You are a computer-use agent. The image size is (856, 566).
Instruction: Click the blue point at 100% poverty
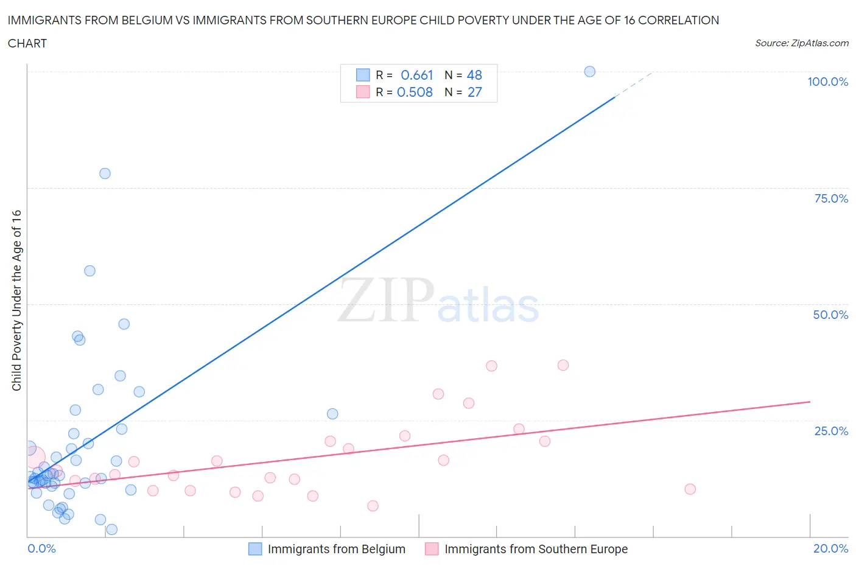(589, 71)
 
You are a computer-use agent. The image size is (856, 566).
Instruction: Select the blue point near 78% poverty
(105, 173)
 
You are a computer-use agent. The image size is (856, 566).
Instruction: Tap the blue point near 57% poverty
(89, 271)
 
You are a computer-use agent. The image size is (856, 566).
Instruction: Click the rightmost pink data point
(690, 489)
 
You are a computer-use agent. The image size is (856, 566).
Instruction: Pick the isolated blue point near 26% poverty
(332, 414)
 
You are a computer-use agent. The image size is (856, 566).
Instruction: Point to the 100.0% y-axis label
(827, 82)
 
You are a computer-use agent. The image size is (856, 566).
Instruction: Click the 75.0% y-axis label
(831, 198)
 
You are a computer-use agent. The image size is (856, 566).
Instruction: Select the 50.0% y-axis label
(830, 315)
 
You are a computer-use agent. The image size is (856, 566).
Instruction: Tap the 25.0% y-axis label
(831, 431)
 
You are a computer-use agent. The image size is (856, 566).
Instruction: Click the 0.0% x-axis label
(41, 548)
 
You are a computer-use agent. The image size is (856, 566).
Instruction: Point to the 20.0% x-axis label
(830, 548)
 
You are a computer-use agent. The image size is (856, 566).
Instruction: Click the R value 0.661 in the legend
(416, 75)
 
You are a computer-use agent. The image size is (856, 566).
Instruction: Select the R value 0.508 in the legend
(415, 92)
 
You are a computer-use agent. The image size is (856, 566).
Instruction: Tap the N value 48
(474, 75)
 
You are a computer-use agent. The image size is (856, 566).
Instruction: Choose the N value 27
(474, 92)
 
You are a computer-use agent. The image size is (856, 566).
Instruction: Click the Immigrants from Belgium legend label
(336, 549)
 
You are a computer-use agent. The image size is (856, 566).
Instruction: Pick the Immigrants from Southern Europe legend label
(536, 549)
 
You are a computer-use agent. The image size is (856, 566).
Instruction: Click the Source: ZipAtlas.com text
(801, 43)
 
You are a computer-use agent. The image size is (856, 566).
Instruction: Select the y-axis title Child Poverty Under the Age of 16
(16, 300)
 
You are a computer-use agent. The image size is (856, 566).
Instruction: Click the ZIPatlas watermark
(438, 300)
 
